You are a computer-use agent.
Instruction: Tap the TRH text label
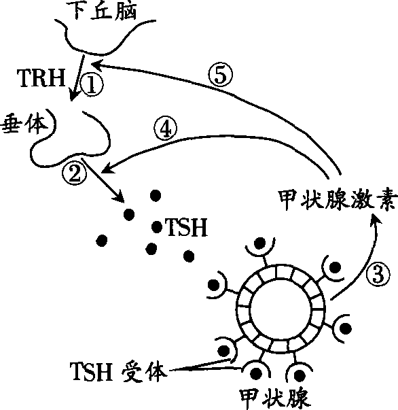coord(41,78)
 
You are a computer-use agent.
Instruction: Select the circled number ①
coord(92,84)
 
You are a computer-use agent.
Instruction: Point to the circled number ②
coord(75,173)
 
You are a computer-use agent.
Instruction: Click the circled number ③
coord(378,275)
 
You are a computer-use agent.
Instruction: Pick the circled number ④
coord(165,129)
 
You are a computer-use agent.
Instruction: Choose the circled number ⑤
coord(221,75)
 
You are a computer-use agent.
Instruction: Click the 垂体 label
coord(25,124)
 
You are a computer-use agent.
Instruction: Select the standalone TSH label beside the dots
coord(187,228)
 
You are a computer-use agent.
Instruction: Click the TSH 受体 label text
coord(118,371)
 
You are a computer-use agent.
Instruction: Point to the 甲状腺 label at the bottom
coord(274,399)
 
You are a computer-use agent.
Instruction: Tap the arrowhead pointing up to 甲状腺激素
coord(376,219)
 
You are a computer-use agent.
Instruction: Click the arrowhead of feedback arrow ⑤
coord(97,65)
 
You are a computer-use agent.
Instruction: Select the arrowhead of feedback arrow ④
coord(107,169)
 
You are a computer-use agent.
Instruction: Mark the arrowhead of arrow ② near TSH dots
coord(120,197)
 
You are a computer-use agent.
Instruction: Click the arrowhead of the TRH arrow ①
coord(73,95)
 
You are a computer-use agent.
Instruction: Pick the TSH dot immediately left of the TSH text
coord(157,226)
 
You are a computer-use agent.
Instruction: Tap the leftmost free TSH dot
coord(102,240)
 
